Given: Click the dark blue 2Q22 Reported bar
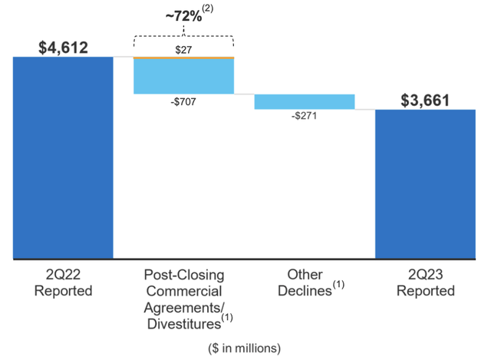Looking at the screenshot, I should pos(63,157).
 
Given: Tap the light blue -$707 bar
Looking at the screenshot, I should pos(184,77).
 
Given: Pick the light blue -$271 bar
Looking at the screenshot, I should pos(305,101).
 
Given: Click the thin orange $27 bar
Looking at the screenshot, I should pos(184,58).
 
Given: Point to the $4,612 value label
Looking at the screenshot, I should pos(63,48).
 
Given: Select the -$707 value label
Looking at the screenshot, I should pos(184,101).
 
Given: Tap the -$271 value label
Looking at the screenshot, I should pos(305,117).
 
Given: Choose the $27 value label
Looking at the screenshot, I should pos(184,49).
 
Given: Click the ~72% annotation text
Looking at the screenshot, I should pos(180,15).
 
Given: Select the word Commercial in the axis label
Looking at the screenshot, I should pos(183,291).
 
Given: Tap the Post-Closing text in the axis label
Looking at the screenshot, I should pos(183,275).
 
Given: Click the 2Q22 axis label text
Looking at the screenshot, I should pos(63,275).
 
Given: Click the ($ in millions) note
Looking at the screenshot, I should pos(245,347).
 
